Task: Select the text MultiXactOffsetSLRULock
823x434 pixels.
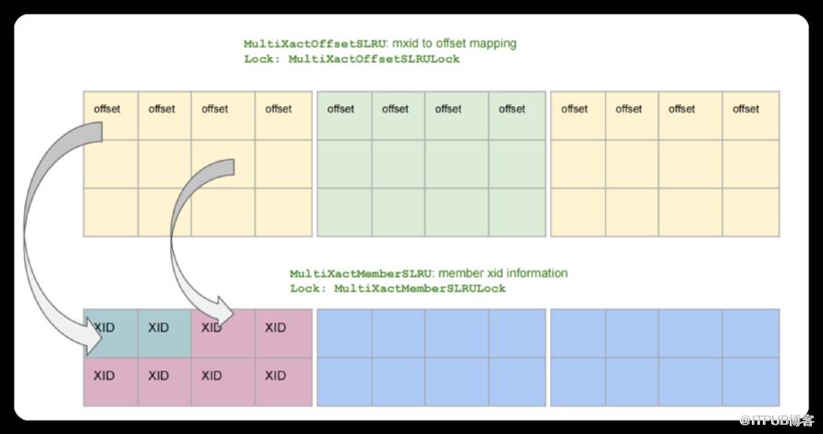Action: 374,58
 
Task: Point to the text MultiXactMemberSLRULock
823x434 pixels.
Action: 420,288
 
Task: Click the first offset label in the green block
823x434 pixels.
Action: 341,109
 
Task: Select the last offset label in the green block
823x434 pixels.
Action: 512,109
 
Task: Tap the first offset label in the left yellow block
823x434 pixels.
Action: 107,109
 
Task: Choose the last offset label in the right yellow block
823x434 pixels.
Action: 746,109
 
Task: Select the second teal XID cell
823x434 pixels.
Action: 158,328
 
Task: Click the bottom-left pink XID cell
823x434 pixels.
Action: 104,376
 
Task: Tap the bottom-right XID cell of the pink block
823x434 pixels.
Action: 276,376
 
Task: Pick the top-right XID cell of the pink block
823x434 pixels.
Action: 276,328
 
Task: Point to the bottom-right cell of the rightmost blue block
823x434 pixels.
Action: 751,381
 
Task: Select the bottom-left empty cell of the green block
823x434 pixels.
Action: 344,211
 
